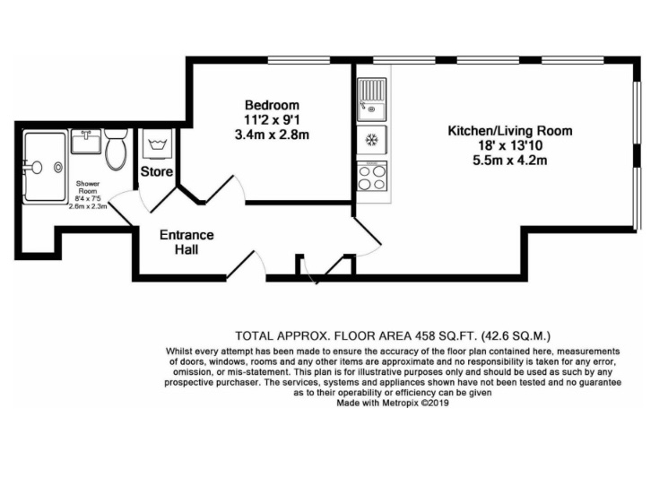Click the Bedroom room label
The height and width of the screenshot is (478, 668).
pos(272,105)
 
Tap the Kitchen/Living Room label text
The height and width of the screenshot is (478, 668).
pos(510,130)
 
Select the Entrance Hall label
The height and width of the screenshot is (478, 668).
pos(187,241)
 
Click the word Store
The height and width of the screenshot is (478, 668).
pos(157,171)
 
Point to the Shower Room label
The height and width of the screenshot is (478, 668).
pos(88,187)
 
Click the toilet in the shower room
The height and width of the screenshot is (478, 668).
pos(116,149)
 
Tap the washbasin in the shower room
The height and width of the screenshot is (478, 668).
pos(86,142)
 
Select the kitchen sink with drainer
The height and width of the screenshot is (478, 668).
pos(372,100)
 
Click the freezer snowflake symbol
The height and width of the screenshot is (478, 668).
pos(372,139)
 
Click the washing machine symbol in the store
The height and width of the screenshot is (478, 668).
pos(157,144)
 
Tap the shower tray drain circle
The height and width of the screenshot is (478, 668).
pos(58,168)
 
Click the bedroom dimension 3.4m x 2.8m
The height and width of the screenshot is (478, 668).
pos(272,135)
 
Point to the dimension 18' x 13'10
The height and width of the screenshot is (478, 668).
pos(510,145)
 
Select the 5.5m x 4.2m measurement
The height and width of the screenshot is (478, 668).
pos(510,161)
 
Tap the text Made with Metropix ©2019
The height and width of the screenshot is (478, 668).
pos(393,403)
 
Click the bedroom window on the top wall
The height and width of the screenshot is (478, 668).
pos(299,60)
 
